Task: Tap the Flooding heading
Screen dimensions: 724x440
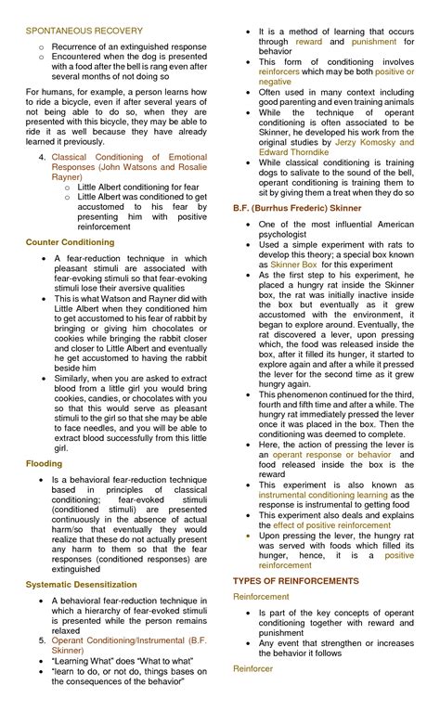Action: [x=45, y=462]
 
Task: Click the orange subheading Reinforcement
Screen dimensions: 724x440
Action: [x=261, y=597]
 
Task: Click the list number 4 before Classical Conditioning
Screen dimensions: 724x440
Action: [x=42, y=158]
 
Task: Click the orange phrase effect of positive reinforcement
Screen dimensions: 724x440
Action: [x=333, y=524]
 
